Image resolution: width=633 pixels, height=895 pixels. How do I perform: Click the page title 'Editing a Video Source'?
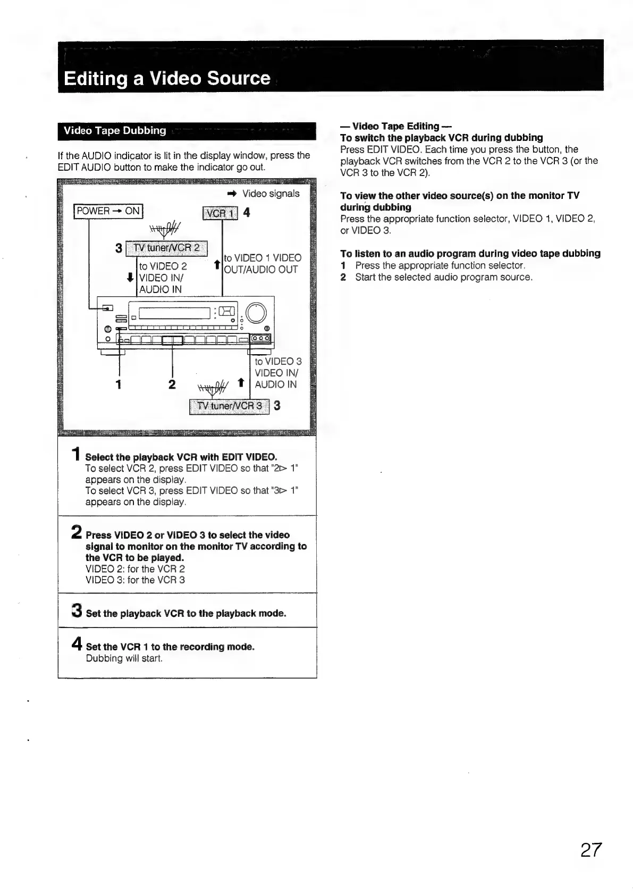[167, 78]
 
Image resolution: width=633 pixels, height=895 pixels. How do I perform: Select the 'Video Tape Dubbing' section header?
[115, 130]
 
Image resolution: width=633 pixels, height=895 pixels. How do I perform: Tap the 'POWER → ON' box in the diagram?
[108, 211]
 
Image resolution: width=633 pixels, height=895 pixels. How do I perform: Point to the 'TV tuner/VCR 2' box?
[167, 248]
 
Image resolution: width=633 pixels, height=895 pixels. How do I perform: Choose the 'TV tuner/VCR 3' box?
[230, 406]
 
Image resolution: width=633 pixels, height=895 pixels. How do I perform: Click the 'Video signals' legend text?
[271, 194]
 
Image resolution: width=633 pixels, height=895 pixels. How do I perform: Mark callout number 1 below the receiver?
[119, 384]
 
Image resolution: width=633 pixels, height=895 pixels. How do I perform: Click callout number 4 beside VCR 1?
[247, 213]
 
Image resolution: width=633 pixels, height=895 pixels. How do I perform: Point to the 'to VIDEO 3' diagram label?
[277, 362]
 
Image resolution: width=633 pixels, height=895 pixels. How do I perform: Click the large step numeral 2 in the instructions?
[77, 532]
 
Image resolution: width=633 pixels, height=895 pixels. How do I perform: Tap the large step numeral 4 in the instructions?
[77, 645]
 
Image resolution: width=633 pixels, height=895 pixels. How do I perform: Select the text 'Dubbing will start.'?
[124, 658]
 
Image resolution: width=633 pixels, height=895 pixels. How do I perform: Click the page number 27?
[590, 850]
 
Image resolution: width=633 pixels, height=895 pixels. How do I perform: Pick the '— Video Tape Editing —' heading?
[395, 126]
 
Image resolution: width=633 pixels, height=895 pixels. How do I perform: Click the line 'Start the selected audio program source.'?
[443, 277]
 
